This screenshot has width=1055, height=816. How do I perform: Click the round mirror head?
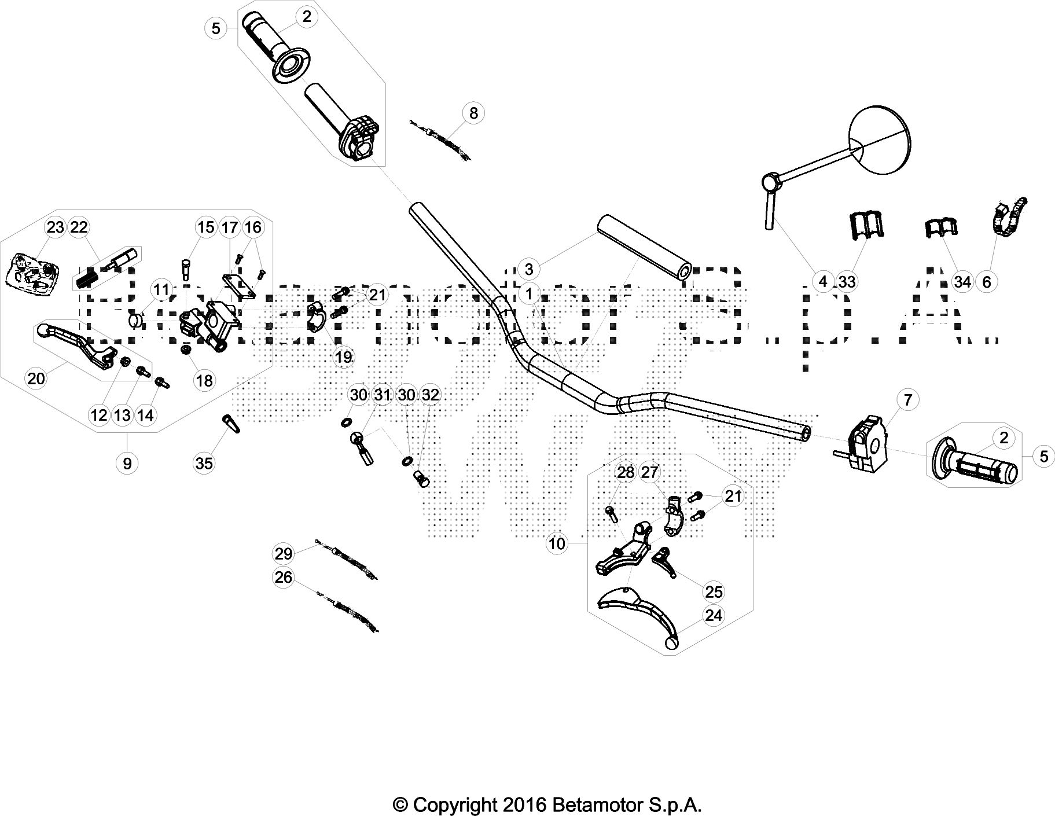tap(879, 137)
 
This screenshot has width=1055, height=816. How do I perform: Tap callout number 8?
tap(474, 112)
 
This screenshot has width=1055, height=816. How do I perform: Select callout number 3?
tap(528, 269)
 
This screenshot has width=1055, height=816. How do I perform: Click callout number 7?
tap(907, 399)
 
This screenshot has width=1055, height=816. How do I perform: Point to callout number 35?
tap(204, 463)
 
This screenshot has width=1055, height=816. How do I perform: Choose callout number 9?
tap(127, 463)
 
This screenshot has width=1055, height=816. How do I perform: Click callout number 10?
tap(557, 543)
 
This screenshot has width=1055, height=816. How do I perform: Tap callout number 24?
tap(714, 615)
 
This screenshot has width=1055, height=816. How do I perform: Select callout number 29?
tap(284, 554)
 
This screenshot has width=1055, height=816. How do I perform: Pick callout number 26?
tap(284, 578)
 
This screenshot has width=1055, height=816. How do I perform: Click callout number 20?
tap(36, 378)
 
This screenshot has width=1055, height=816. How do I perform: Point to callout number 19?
tap(343, 357)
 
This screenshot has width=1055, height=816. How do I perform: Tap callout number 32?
tap(430, 395)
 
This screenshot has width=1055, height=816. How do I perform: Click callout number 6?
tap(987, 282)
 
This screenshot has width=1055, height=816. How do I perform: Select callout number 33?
tap(847, 282)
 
